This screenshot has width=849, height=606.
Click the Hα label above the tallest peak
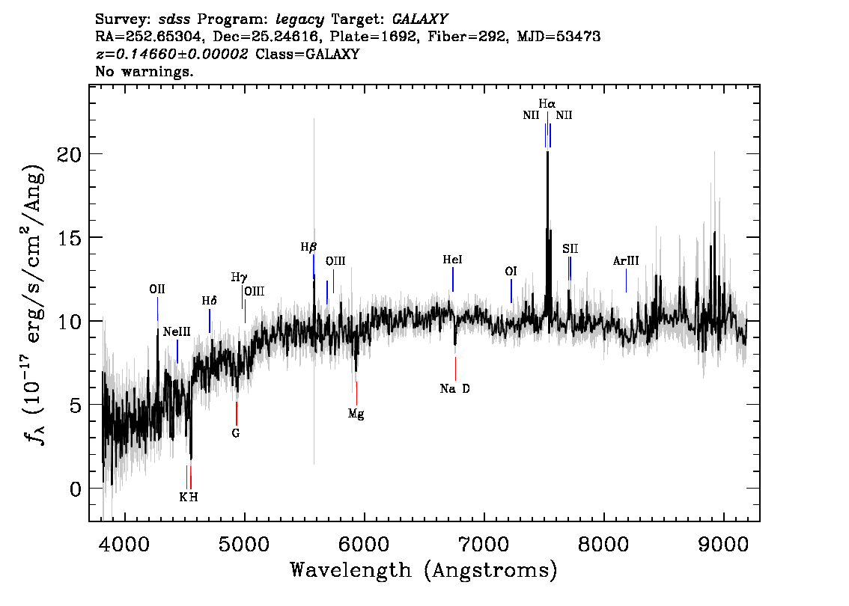[547, 103]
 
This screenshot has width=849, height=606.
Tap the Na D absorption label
[455, 388]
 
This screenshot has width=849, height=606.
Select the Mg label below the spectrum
[356, 414]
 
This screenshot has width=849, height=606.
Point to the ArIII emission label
[626, 261]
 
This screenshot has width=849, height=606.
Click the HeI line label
[453, 260]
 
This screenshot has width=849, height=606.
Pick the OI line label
[511, 271]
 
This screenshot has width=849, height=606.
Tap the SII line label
[570, 248]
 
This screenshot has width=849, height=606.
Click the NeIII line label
[177, 331]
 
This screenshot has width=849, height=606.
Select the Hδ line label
[209, 300]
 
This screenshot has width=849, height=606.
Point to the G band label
[236, 433]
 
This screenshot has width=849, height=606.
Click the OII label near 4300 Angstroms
[157, 290]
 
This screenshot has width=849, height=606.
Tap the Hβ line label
[308, 248]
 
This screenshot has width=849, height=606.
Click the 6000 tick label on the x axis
[364, 544]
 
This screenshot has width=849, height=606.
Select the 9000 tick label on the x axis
[722, 544]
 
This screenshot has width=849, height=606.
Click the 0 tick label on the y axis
[76, 489]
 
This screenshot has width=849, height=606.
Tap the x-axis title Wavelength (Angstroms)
[424, 570]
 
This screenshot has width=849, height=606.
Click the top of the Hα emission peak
[547, 152]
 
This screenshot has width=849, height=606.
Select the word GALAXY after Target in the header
[419, 19]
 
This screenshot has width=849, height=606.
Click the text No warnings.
[144, 71]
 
